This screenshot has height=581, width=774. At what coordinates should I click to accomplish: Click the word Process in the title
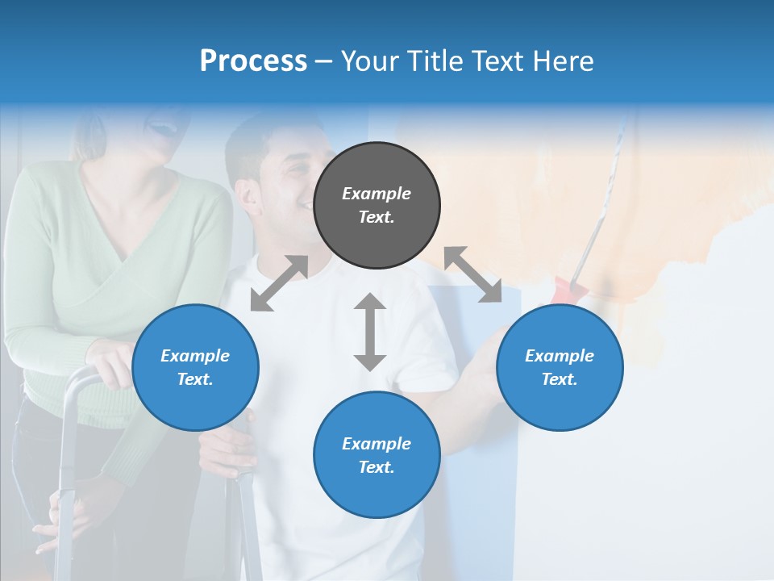[x=253, y=61]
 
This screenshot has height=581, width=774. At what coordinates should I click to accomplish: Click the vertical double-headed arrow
[x=370, y=332]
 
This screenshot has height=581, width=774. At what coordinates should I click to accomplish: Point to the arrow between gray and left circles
[x=279, y=283]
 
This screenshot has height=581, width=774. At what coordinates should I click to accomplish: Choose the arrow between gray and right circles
[x=473, y=274]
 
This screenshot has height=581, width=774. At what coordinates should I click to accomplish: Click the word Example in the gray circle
[x=377, y=194]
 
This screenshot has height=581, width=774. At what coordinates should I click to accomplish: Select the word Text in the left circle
[x=195, y=379]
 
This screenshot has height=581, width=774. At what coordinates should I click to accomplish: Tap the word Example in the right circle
[x=560, y=356]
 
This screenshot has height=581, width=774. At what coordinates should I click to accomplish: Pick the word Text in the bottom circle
[x=377, y=467]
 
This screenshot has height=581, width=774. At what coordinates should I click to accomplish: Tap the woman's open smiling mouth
[x=162, y=127]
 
